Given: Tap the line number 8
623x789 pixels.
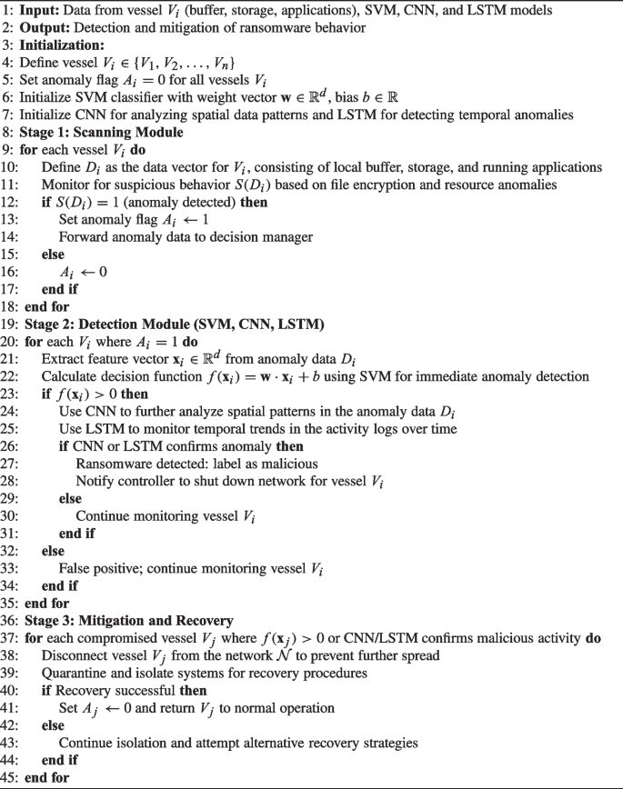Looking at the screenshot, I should click(x=7, y=132).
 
